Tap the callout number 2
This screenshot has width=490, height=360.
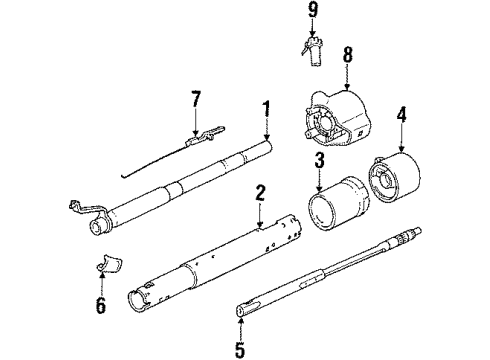pos(260,193)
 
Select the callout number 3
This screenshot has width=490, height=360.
pos(320,160)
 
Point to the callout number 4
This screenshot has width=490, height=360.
pos(401,115)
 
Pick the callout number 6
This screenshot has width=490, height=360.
pos(101,305)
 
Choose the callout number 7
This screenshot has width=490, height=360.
pos(196,99)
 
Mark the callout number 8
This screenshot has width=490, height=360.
pos(347,55)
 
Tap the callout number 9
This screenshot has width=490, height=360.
pos(312,10)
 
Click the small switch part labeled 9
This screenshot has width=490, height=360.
pos(312,51)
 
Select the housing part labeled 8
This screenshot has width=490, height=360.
pos(337,119)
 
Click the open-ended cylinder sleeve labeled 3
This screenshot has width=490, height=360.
pos(338,204)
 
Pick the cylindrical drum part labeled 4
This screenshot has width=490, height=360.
pos(393,177)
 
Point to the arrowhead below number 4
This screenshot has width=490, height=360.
pos(401,149)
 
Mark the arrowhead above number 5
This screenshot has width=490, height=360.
pos(240,321)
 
